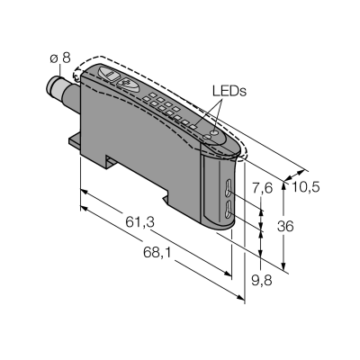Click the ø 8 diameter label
(x=60, y=58)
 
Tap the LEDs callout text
(x=229, y=91)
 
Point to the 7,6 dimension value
(x=262, y=189)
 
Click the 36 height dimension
(x=285, y=226)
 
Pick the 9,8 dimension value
(x=262, y=281)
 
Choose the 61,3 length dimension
(x=139, y=222)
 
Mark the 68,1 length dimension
(x=157, y=253)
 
